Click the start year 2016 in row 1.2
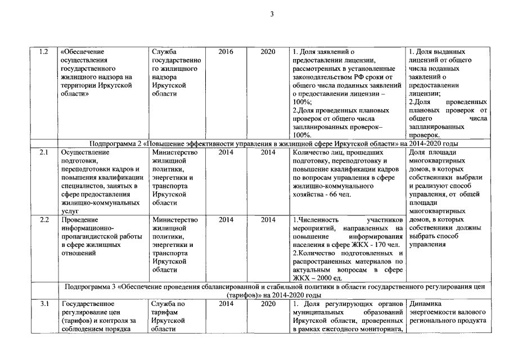226,52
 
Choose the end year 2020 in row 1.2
268,52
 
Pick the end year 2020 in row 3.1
268,304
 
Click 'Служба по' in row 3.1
168,304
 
